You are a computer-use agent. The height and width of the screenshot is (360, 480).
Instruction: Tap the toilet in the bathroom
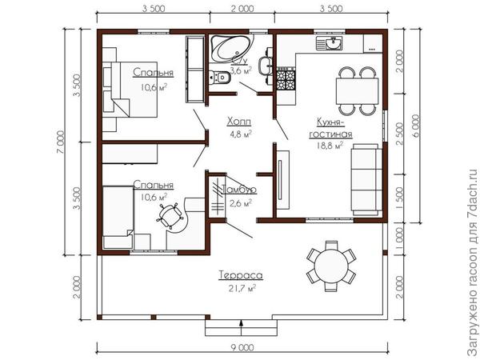[221, 77]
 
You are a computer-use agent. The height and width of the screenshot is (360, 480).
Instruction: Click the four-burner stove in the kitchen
[286, 80]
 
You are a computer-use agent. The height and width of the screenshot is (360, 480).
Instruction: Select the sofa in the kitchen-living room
[366, 180]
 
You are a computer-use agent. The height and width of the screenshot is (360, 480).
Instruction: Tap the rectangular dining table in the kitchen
[357, 91]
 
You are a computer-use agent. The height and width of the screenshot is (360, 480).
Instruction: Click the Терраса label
[241, 275]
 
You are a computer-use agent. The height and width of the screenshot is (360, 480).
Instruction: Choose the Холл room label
[239, 122]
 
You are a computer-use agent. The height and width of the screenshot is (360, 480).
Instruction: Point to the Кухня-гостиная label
[330, 128]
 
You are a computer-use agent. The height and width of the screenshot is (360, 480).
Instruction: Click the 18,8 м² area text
[330, 145]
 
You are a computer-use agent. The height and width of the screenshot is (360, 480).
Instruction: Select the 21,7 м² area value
[242, 288]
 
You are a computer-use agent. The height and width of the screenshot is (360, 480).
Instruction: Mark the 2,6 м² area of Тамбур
[241, 202]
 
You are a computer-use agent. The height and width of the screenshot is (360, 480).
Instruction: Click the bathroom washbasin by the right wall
[265, 66]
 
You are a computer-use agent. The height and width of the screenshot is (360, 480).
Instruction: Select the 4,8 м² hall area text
[241, 134]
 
